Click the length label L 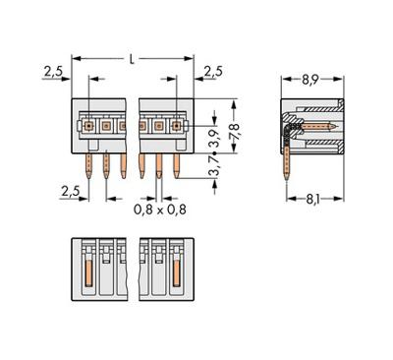(x=132, y=59)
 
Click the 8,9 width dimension (x=309, y=80)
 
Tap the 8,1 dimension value (x=312, y=200)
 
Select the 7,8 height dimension (x=235, y=131)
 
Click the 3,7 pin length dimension (x=215, y=166)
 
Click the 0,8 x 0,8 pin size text (x=160, y=210)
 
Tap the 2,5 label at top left (x=53, y=71)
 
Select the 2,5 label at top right (x=213, y=71)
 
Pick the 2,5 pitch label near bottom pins (x=71, y=191)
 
